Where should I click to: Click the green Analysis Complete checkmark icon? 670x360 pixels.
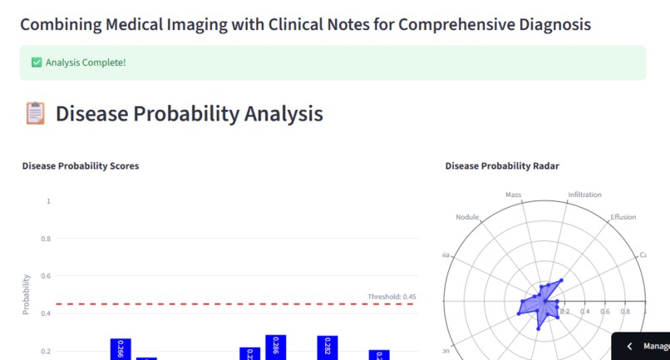coord(37,62)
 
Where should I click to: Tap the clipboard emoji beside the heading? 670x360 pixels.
coord(35,113)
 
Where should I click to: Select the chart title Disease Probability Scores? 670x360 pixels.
coord(80,166)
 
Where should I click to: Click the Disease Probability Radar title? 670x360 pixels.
coord(502,166)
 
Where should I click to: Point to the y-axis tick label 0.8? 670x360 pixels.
coord(47,239)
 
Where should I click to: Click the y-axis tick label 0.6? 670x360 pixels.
coord(47,276)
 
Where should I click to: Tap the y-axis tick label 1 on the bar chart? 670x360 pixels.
coord(49,201)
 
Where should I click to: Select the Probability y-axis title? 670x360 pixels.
coord(27,294)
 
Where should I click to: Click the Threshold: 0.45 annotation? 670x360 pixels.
coord(392,297)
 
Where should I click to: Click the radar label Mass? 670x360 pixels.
coord(513,195)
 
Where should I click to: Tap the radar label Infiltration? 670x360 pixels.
coord(584,195)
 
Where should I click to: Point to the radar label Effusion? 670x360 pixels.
coord(623,217)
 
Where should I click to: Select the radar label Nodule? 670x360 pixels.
coord(468,217)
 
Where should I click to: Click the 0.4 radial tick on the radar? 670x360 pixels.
coord(585,312)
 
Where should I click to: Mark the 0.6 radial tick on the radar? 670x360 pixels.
coord(605,312)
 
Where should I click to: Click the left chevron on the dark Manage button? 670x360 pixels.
coord(629,346)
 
